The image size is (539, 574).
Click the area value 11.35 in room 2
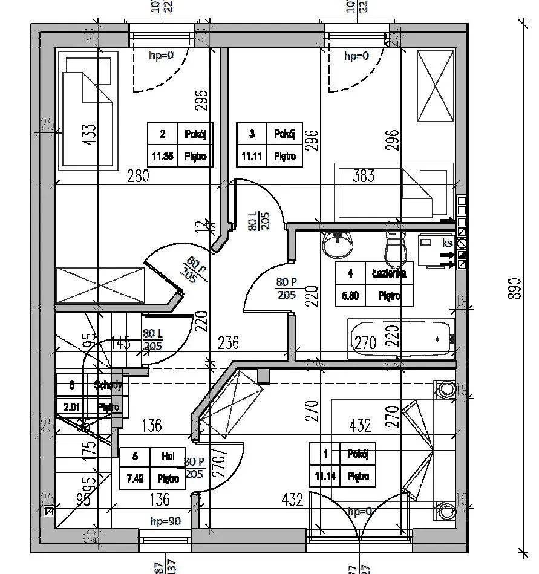tap(162, 156)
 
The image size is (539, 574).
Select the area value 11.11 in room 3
tap(252, 156)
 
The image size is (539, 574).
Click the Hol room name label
tap(168, 457)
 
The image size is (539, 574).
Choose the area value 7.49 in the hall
tap(136, 479)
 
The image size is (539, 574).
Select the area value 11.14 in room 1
tap(325, 476)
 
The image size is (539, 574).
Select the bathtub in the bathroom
tap(400, 339)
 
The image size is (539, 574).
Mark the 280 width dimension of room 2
tap(139, 177)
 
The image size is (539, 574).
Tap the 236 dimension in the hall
tap(228, 343)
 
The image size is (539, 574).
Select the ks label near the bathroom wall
tap(448, 243)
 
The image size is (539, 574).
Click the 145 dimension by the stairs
tap(120, 345)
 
